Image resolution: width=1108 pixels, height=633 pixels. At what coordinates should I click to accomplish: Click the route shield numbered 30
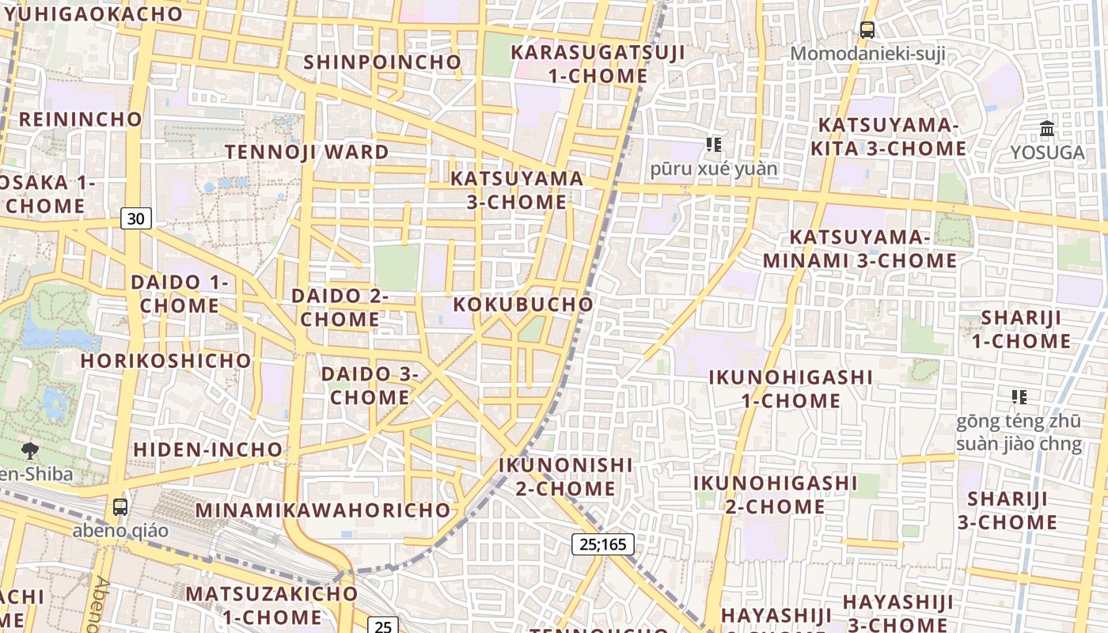[x=136, y=218]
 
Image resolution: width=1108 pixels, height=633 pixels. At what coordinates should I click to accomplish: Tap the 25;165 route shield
[x=602, y=544]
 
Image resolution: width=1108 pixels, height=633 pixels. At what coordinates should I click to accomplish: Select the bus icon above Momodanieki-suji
[x=867, y=31]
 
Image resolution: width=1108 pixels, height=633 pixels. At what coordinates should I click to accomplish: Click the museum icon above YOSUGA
[x=1047, y=128]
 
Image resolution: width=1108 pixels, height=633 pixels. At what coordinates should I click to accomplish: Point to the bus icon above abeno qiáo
[x=120, y=507]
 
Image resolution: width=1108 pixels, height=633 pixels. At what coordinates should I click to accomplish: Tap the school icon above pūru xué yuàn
[x=714, y=145]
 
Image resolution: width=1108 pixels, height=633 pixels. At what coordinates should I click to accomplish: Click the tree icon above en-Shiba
[x=30, y=451]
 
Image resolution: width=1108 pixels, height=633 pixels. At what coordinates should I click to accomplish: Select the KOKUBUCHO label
[x=523, y=305]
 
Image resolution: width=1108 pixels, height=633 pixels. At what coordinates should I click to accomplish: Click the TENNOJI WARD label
[x=307, y=152]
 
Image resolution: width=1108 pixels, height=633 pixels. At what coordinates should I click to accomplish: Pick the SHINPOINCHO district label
[x=382, y=62]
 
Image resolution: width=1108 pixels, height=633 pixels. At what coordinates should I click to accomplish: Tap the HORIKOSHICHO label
[x=166, y=361]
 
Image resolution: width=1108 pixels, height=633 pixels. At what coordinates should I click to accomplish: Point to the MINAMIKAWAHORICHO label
[x=323, y=510]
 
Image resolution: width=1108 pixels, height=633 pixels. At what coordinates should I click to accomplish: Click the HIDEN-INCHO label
[x=208, y=449]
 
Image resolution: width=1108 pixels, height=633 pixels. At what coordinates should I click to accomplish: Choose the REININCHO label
[x=81, y=119]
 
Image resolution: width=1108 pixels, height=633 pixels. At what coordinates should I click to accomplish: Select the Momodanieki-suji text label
[x=867, y=55]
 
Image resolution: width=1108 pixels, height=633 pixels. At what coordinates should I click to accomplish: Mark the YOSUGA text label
[x=1047, y=153]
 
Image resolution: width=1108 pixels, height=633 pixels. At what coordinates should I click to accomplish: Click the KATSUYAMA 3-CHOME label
[x=517, y=190]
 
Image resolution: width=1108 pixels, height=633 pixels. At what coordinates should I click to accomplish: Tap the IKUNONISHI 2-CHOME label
[x=566, y=476]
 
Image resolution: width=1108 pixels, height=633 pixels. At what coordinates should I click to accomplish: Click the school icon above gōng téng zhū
[x=1019, y=396]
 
